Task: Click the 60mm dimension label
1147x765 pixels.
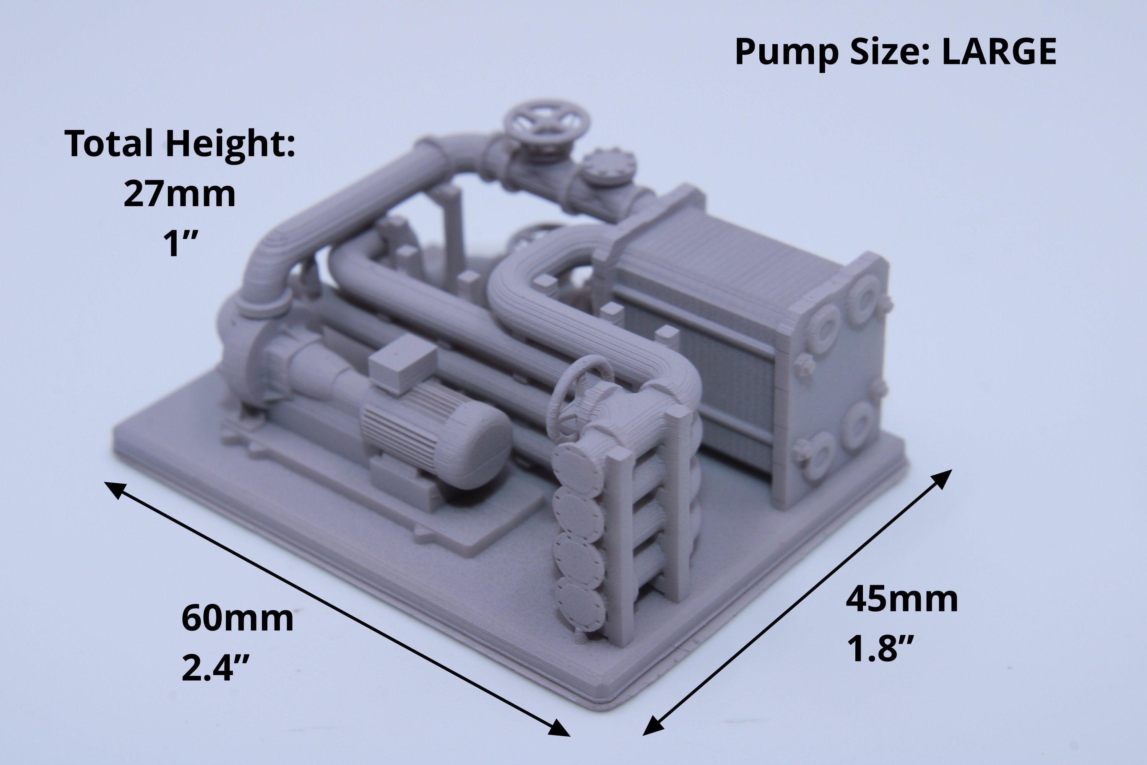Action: [237, 618]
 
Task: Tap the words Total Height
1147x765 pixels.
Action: [180, 145]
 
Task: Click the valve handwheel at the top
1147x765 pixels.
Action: [547, 121]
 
